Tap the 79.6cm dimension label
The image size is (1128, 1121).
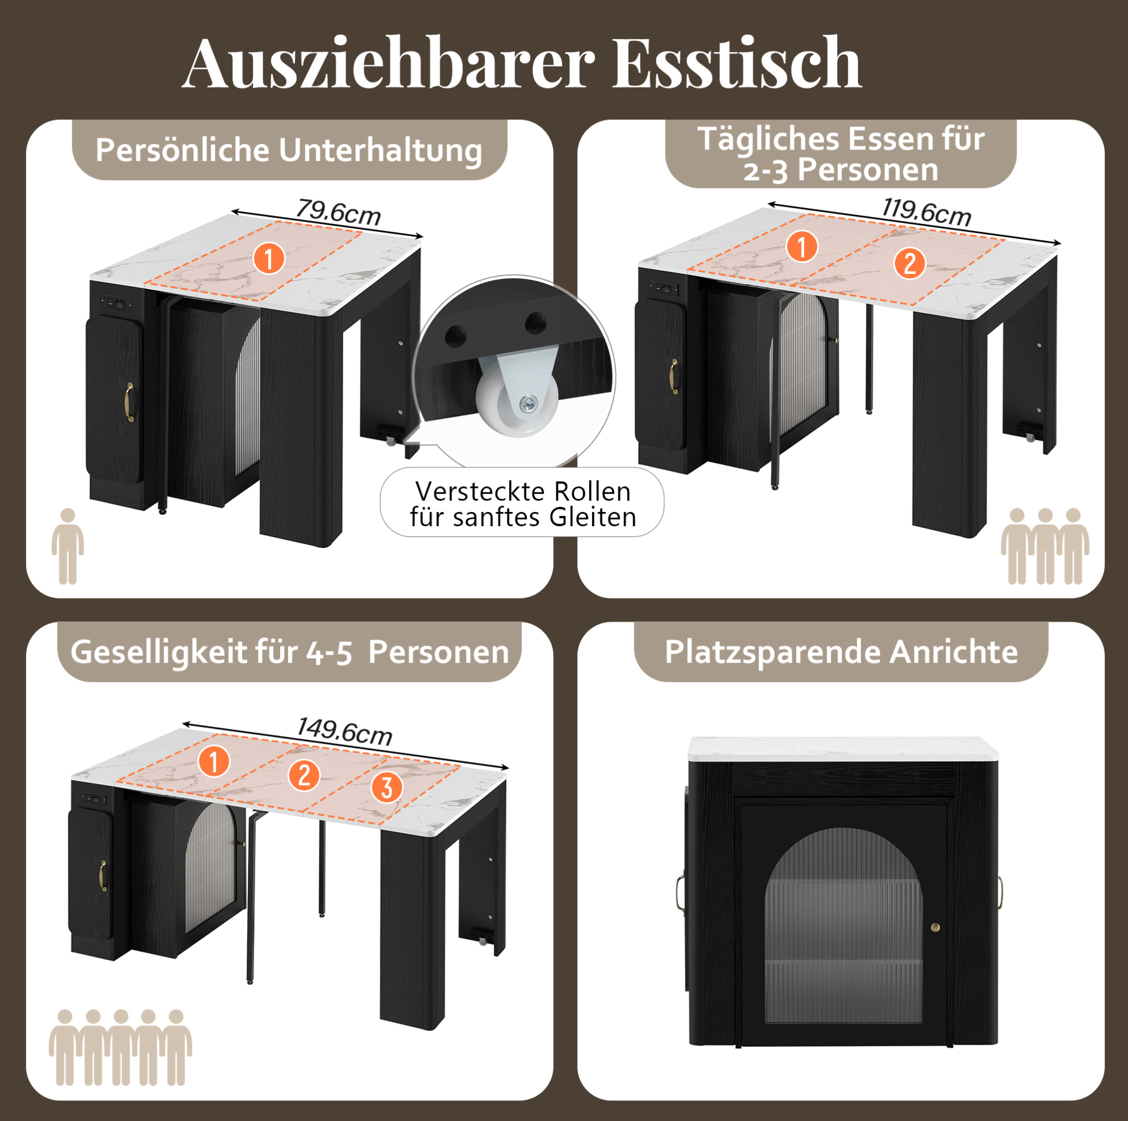[339, 212]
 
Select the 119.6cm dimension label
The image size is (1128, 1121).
[927, 211]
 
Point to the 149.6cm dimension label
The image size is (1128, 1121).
[344, 731]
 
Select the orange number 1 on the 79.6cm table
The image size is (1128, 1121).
[269, 259]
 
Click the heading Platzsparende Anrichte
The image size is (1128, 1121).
[842, 652]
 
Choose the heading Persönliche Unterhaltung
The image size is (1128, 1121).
[289, 150]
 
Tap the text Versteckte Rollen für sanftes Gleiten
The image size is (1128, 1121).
[523, 504]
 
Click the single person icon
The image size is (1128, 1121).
[68, 546]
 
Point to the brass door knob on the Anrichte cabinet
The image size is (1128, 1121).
[935, 927]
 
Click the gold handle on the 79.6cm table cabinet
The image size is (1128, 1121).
[130, 402]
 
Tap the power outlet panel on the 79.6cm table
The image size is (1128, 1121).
[116, 303]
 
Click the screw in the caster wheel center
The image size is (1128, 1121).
[529, 402]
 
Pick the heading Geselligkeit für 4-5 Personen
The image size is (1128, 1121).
[290, 652]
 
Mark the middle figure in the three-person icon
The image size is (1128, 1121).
[1045, 546]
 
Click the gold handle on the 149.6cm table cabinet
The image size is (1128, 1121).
[103, 875]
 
